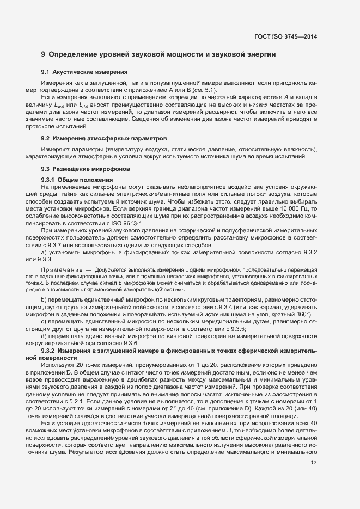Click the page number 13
[313, 463]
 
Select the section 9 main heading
[158, 54]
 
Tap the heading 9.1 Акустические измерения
[84, 72]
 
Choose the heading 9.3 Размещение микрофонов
[86, 169]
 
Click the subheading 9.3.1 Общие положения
[77, 180]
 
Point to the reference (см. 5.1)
[205, 89]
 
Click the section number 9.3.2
[51, 351]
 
